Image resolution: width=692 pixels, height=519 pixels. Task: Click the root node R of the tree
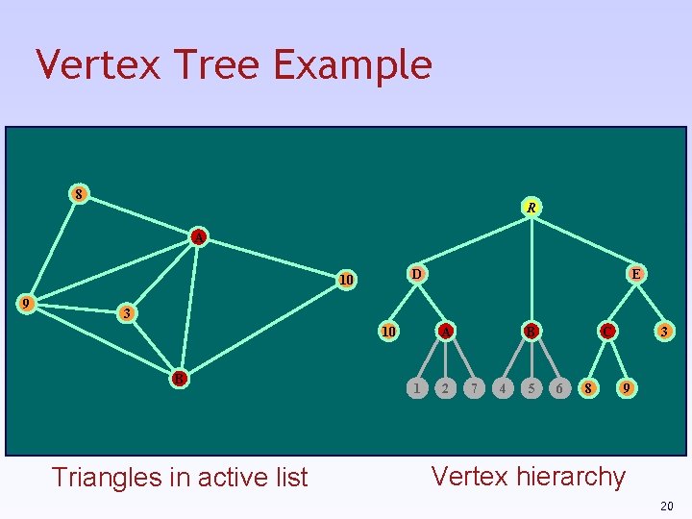point(531,207)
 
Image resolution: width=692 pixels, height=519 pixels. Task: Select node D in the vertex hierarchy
point(416,274)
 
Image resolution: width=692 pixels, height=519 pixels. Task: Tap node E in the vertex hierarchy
point(635,274)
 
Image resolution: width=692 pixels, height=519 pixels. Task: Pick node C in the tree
point(605,332)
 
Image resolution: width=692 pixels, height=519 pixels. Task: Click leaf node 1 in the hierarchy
point(415,388)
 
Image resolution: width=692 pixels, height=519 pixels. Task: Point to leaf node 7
point(473,388)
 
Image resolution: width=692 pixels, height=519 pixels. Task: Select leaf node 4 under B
point(502,388)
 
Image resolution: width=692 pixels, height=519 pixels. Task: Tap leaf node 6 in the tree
point(559,388)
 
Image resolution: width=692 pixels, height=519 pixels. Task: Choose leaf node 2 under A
point(444,388)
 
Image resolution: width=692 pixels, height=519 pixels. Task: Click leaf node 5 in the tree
point(531,388)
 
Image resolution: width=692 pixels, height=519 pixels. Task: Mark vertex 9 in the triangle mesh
point(29,303)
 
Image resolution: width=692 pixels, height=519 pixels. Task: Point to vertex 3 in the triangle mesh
point(126,314)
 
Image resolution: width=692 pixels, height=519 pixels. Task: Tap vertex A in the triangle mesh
point(197,236)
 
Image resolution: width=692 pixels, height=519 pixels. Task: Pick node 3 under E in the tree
point(663,332)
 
